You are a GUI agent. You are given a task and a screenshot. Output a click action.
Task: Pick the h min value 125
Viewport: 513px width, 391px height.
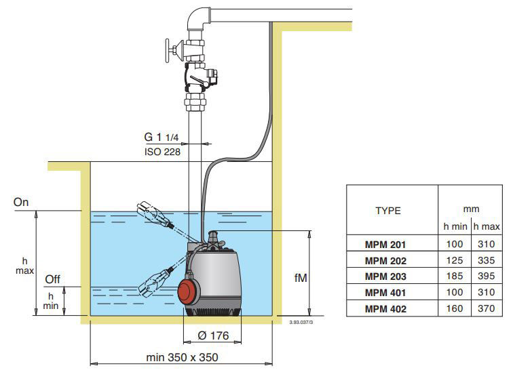coord(455,260)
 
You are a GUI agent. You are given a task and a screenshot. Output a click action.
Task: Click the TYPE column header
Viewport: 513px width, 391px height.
coord(388,211)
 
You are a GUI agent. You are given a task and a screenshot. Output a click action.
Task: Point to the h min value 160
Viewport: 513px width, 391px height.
coord(455,308)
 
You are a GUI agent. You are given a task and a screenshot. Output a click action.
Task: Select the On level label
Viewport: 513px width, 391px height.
coord(21,202)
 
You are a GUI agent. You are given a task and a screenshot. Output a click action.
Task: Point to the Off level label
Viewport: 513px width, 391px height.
coord(52,279)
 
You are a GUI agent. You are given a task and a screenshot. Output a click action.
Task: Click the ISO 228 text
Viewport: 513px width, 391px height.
coord(161,151)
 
